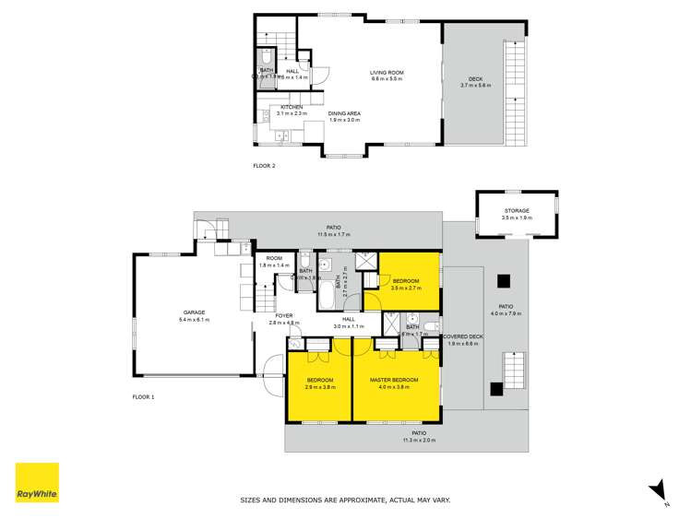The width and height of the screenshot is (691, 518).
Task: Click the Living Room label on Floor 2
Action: point(387,73)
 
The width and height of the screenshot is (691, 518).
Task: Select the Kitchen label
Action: point(292,107)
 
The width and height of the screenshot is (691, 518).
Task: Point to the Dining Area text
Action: point(344,113)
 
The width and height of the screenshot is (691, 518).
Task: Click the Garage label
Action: point(194,312)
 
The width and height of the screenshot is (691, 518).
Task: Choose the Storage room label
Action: point(517,211)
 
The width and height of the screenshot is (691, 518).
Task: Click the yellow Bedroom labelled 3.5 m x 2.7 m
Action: point(406,281)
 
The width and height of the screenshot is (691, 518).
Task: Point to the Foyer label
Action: point(283,315)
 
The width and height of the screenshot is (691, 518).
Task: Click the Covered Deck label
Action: point(462,336)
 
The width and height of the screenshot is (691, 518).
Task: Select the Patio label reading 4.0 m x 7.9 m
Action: point(506,307)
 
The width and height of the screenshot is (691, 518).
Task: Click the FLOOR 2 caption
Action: point(264,166)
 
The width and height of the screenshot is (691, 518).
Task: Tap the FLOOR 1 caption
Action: point(144,396)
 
